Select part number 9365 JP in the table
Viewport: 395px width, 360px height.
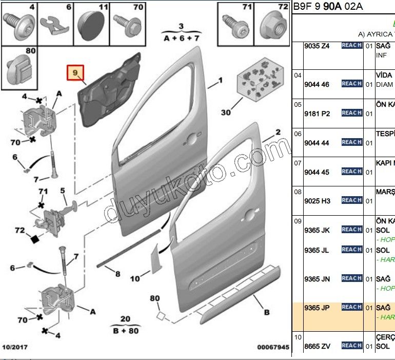tap(317, 308)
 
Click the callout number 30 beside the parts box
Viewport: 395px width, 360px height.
tap(226, 112)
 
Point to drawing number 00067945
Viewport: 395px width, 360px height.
tap(273, 348)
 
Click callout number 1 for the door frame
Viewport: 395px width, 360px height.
tap(221, 81)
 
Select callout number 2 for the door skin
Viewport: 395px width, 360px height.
tap(278, 132)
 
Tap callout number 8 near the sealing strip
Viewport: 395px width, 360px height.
tap(117, 274)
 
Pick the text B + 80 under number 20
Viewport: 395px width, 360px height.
tap(125, 330)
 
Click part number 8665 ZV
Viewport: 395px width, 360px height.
tap(317, 346)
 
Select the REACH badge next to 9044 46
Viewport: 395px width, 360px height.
tap(352, 84)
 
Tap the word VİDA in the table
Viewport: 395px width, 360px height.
tap(384, 75)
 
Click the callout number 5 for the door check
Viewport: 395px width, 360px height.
tap(63, 191)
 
